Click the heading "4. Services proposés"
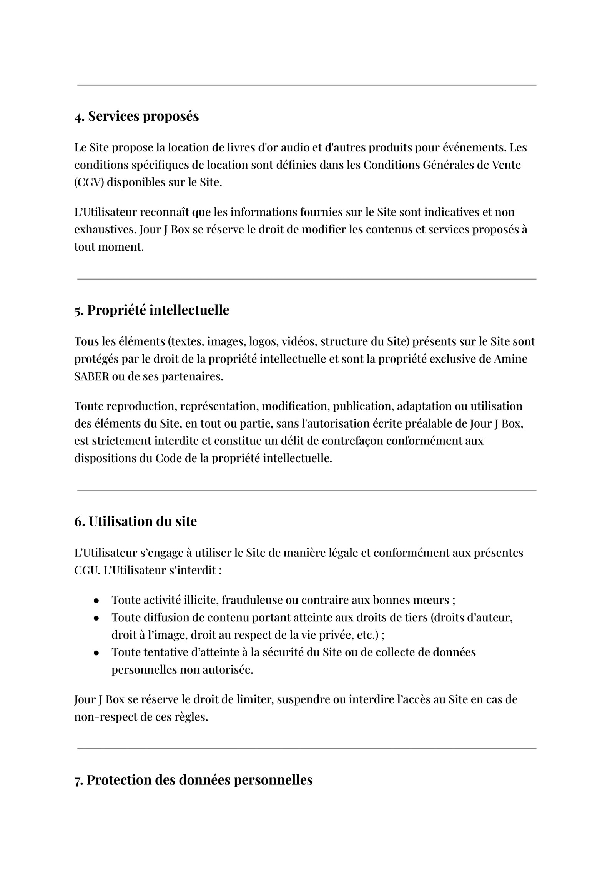point(136,116)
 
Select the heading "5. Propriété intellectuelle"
point(151,310)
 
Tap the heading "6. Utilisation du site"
point(135,521)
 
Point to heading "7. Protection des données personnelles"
point(193,780)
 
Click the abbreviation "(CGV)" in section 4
point(89,182)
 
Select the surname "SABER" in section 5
point(92,376)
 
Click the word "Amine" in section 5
point(510,359)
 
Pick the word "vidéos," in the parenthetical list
point(299,341)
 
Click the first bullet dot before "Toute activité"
point(96,601)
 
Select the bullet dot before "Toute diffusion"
point(96,618)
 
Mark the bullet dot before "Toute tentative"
point(96,653)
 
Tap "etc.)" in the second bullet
point(368,635)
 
